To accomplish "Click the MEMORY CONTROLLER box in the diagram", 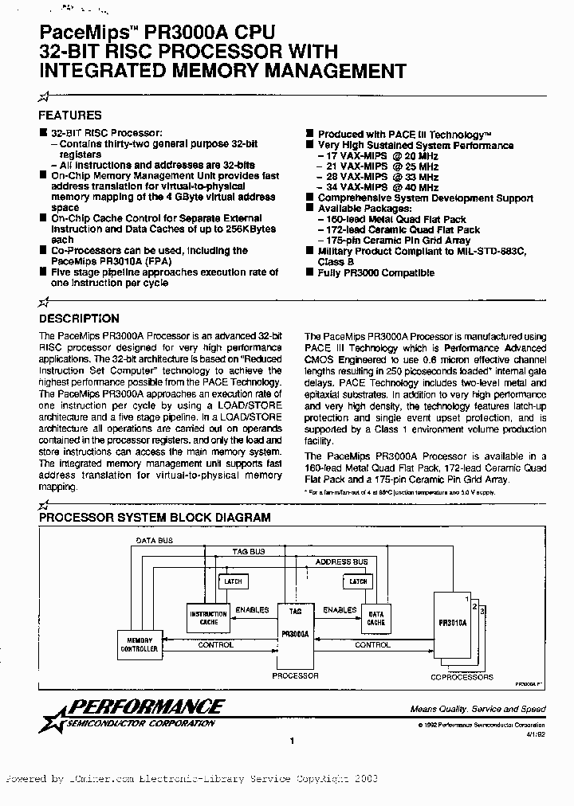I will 139,644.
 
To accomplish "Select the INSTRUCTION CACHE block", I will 208,619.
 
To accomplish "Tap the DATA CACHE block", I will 376,619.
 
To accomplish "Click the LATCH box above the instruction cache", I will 233,581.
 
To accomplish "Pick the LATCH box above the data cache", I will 359,581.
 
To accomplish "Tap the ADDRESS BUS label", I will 341,561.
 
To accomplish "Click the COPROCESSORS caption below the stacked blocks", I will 462,677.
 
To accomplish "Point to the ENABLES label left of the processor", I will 252,610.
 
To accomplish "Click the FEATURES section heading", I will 70,115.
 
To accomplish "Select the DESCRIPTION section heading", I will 80,319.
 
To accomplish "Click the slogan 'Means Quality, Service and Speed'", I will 478,709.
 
